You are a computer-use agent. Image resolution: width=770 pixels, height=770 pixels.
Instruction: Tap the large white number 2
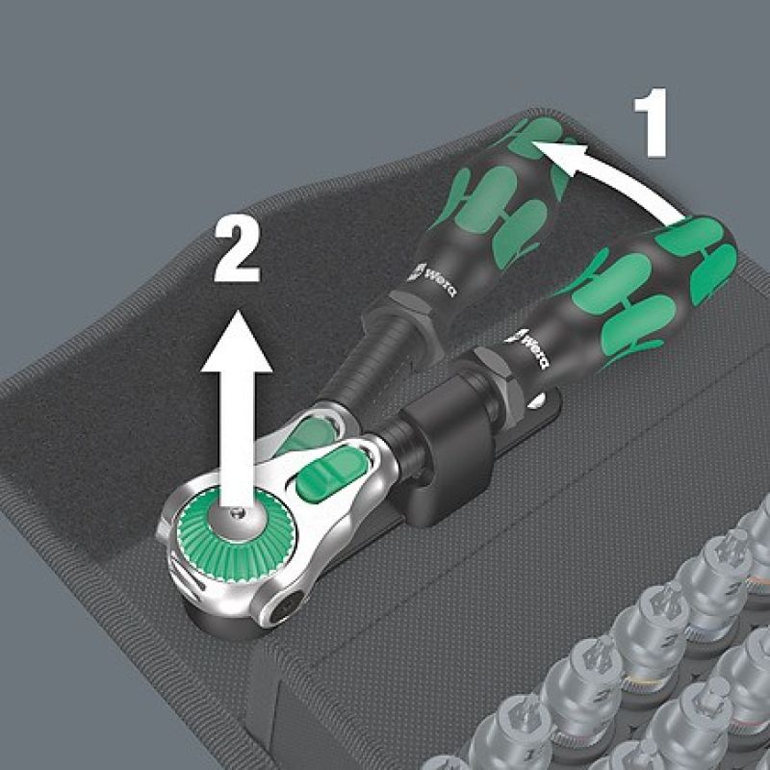237,250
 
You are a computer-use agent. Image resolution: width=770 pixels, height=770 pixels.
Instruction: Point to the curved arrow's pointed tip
533,142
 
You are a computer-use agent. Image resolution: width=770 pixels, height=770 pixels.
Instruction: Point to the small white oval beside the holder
537,400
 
